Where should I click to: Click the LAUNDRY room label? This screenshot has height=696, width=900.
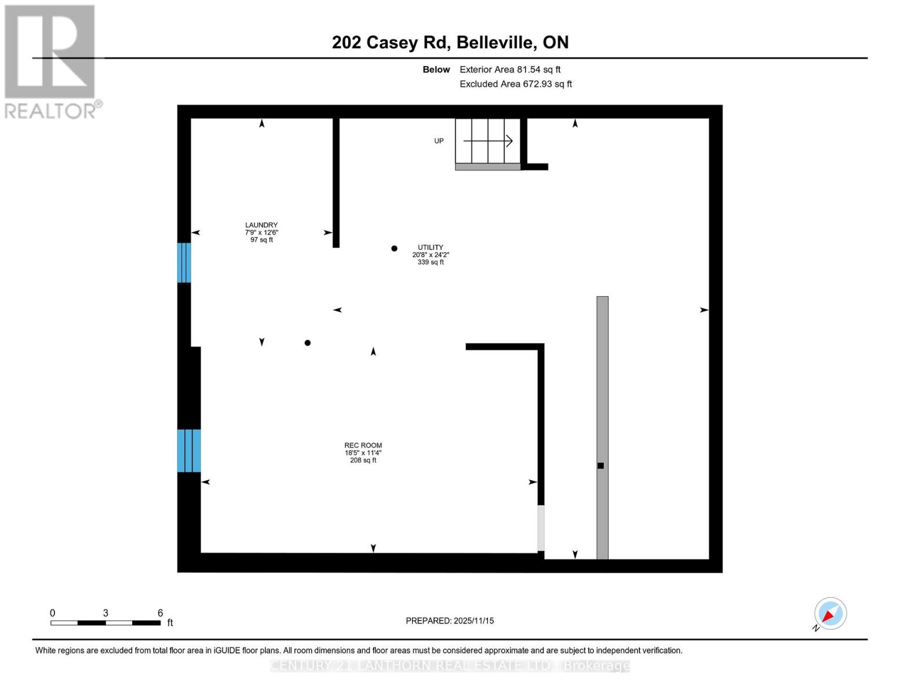[x=261, y=225]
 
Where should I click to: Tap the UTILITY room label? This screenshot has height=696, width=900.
[x=431, y=247]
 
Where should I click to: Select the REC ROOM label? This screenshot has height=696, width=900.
[x=363, y=445]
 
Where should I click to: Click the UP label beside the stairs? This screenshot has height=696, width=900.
[x=439, y=141]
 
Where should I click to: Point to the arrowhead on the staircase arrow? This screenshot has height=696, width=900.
[x=509, y=141]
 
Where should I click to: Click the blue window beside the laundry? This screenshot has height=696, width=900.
[x=184, y=263]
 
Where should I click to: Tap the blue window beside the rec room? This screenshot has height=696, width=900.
[x=189, y=451]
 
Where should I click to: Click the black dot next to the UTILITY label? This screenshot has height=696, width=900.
[x=394, y=248]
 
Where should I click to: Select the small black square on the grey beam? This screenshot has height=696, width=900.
[x=601, y=466]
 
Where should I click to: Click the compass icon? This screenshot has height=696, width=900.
[x=830, y=613]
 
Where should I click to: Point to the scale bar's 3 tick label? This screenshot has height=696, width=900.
[x=105, y=613]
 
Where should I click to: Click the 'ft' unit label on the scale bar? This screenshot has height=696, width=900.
[x=170, y=623]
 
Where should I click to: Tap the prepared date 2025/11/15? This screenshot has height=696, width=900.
[x=473, y=621]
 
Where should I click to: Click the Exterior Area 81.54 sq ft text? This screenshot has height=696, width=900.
[x=510, y=70]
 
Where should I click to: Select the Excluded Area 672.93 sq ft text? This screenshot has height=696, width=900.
[x=516, y=84]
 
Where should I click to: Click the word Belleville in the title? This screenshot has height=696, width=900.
[x=495, y=42]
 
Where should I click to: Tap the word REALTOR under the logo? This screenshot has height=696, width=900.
[x=50, y=111]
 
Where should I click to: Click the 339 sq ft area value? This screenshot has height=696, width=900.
[x=431, y=262]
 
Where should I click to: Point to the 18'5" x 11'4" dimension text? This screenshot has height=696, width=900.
[x=363, y=453]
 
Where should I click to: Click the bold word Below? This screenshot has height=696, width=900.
[x=436, y=70]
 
